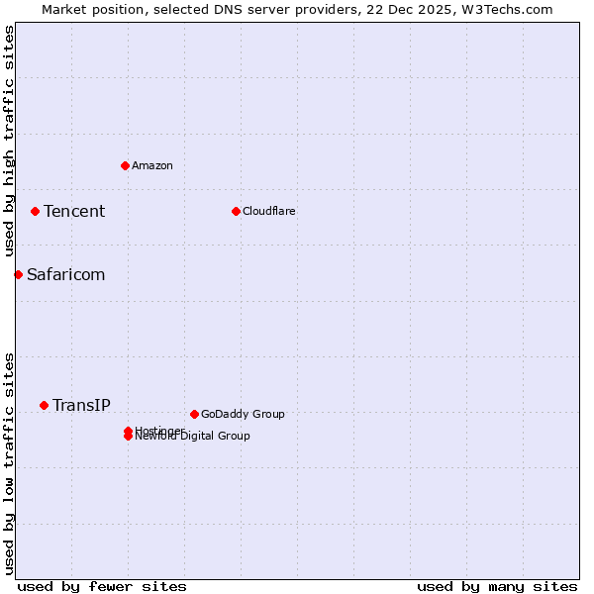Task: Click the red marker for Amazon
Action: pos(125,165)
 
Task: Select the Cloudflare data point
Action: pos(236,211)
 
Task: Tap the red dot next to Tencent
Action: pos(35,211)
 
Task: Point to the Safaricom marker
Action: pos(18,274)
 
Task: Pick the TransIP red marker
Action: pos(44,405)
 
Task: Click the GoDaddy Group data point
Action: pos(194,414)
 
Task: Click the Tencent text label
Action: pos(74,211)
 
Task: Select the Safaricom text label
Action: pos(65,274)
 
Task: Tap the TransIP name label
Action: pos(81,405)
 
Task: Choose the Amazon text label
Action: pos(152,165)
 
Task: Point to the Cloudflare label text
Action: pos(269,211)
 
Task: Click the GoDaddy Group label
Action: pos(243,414)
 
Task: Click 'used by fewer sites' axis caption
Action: pos(102,586)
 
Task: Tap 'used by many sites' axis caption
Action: pos(497,586)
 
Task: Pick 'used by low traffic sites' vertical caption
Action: pos(9,462)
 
